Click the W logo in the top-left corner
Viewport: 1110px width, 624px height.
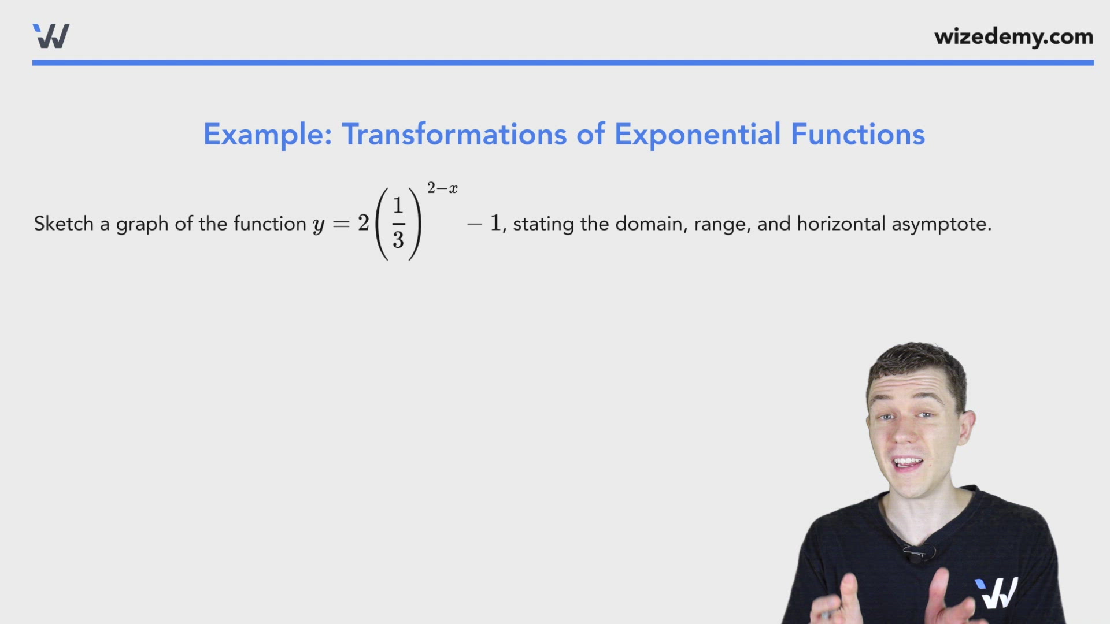(51, 36)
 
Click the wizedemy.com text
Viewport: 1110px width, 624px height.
(1013, 37)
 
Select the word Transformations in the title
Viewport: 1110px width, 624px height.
(454, 135)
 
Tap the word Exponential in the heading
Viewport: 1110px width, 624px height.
(697, 135)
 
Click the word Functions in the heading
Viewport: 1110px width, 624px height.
(857, 135)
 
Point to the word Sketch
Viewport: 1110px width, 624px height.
(64, 224)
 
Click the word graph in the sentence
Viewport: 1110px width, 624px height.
(142, 225)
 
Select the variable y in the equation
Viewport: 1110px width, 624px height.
(319, 225)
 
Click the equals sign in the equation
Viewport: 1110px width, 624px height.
(341, 224)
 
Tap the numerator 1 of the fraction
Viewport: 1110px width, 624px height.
(398, 206)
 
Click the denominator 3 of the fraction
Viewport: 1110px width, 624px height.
(398, 240)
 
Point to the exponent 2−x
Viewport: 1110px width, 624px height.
(442, 188)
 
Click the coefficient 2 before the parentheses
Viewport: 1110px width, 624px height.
(363, 223)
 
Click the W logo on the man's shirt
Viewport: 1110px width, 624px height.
(996, 593)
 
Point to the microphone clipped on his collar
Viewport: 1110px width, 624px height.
(916, 555)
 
